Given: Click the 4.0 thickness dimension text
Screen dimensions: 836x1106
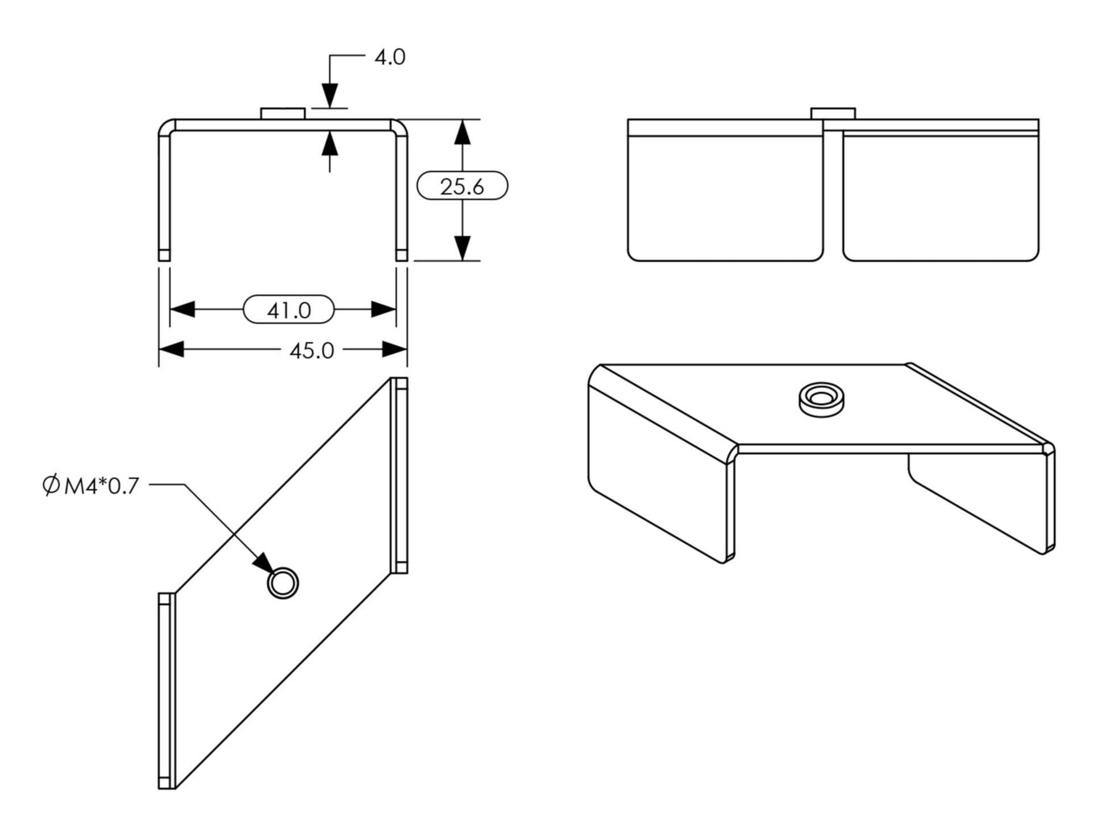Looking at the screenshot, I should [389, 57].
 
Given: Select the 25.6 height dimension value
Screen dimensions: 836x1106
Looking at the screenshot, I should [461, 186].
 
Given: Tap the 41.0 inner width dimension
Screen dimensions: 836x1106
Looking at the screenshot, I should [289, 310].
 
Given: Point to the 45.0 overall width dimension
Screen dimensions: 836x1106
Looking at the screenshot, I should [311, 350].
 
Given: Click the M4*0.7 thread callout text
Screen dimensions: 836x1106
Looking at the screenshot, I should [101, 486].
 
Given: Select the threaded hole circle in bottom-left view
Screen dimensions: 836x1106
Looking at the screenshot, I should [282, 583].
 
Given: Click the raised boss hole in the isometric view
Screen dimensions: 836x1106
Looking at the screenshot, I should [821, 396].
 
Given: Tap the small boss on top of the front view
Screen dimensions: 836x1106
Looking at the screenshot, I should [282, 113].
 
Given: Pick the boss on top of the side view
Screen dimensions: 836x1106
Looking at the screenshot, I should [833, 113].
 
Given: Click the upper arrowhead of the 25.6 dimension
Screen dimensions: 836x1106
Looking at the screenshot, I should [462, 132].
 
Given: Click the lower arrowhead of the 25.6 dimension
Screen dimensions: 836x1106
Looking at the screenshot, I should [462, 248].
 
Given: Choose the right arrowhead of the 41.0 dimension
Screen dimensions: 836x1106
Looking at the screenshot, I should [383, 310].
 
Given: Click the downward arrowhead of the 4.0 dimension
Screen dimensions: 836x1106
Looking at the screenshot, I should [330, 95].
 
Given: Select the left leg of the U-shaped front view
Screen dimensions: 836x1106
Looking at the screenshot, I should [164, 193].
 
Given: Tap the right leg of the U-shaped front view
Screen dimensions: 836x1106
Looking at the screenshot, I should [401, 193].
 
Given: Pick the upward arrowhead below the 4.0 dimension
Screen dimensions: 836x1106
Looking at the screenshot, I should [330, 144].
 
